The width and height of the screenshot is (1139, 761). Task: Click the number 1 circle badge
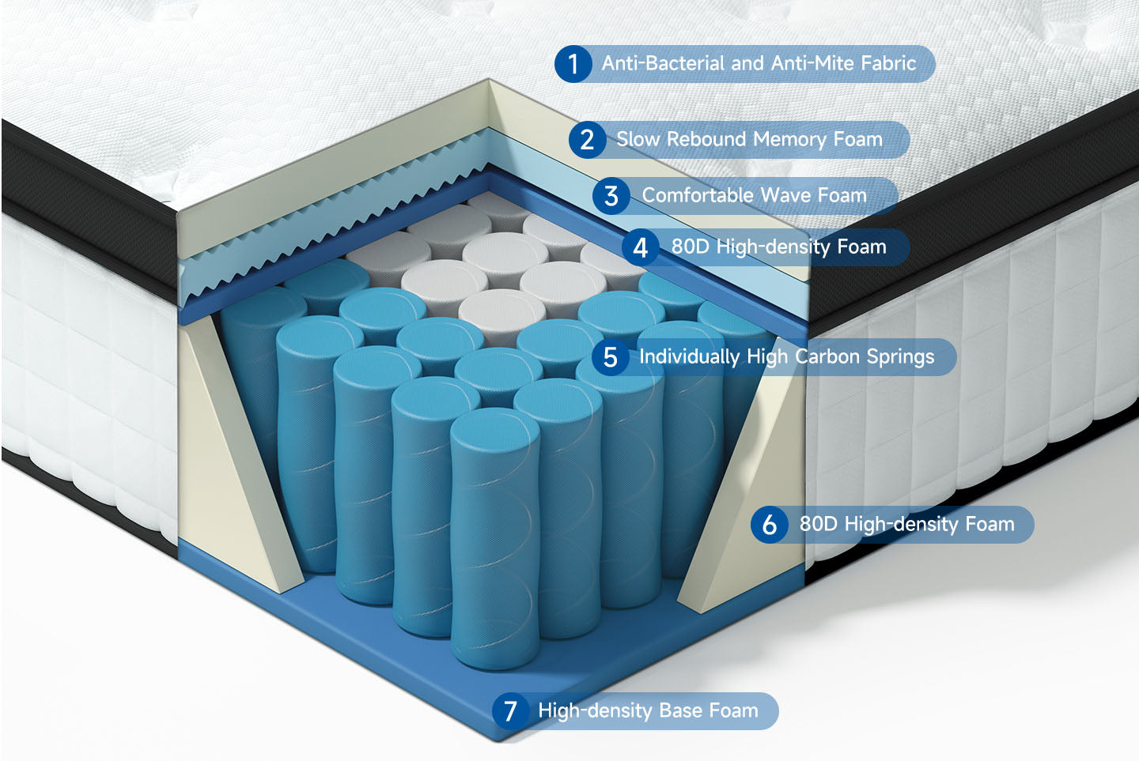tap(573, 64)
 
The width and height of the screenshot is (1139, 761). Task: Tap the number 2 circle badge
tap(587, 140)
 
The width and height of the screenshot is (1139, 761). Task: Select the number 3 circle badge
tap(611, 196)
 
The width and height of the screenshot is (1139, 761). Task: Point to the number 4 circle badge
tap(640, 247)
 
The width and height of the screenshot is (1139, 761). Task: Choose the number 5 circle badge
tap(610, 357)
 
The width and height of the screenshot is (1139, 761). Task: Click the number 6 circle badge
tap(770, 524)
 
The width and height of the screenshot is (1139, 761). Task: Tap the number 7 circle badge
tap(510, 711)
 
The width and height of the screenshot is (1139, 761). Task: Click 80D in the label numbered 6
tap(818, 524)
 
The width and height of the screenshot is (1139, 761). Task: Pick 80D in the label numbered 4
tap(690, 247)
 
